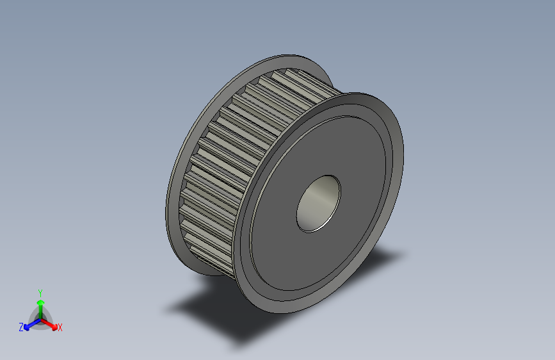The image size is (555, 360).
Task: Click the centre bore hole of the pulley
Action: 318,203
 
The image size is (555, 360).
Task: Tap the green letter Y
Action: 40,292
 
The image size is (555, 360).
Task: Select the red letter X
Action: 60,328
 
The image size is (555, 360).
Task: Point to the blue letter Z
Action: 21,327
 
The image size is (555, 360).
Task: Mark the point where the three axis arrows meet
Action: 40,318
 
